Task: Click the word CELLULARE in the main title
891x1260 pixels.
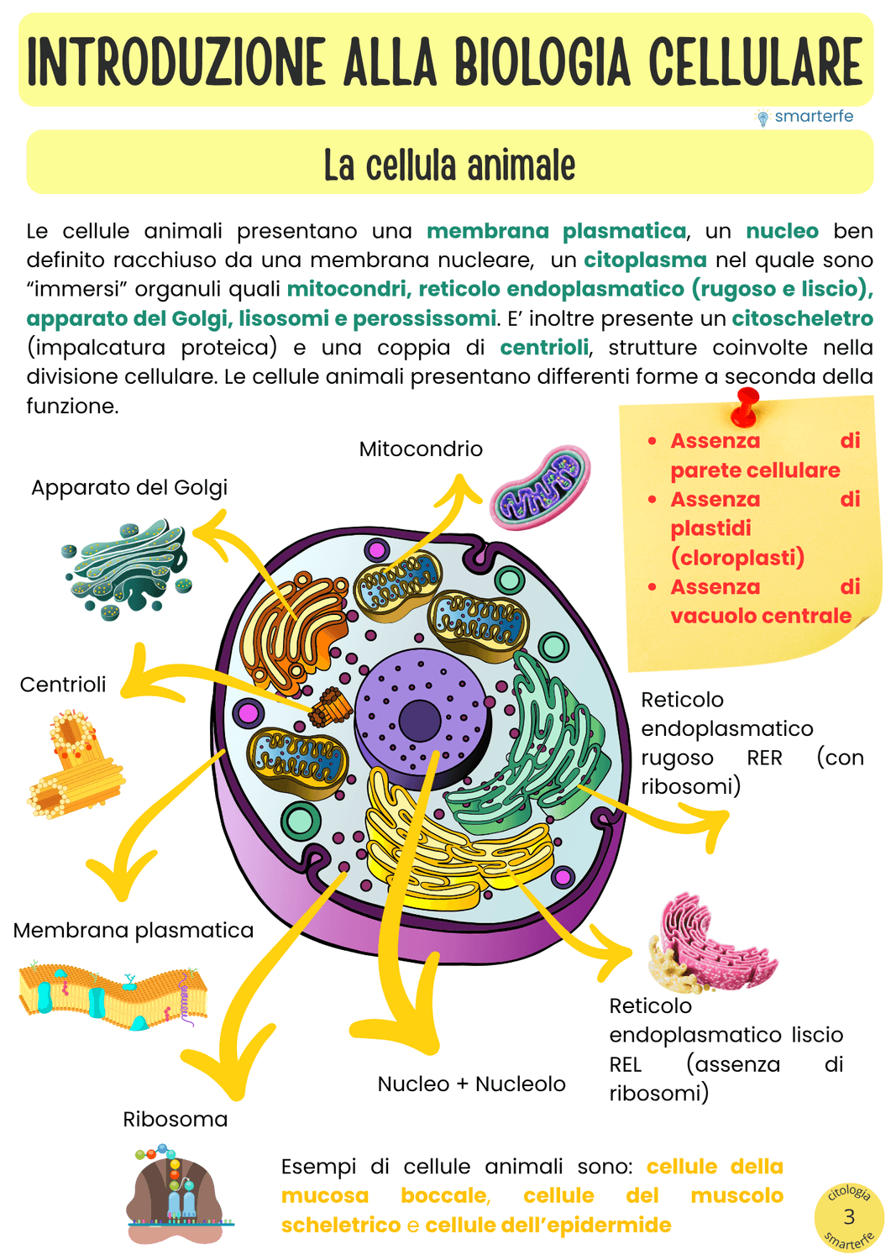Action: tap(755, 61)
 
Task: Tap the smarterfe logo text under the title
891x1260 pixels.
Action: tap(813, 116)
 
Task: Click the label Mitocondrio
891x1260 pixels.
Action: tap(421, 449)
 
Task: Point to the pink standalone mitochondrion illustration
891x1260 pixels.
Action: tap(540, 487)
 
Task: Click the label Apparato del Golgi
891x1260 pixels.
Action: tap(129, 487)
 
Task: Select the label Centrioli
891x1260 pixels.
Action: tap(63, 684)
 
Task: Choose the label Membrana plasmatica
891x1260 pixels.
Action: tap(134, 930)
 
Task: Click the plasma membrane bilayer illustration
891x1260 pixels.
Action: tap(113, 995)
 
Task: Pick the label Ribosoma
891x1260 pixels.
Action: tap(176, 1119)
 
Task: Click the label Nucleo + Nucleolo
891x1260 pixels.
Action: tap(471, 1084)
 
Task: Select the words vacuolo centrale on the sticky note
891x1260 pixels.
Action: tap(761, 616)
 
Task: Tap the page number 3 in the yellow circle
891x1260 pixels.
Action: tap(849, 1216)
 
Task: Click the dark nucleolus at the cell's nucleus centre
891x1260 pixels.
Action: tap(420, 720)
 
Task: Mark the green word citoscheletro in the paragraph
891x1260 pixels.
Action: tap(802, 318)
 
